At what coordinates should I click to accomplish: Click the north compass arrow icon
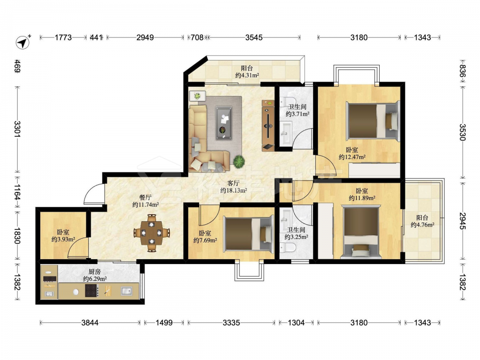[23, 42]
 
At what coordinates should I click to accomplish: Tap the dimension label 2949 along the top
[145, 37]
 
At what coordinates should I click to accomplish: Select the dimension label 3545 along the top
[254, 37]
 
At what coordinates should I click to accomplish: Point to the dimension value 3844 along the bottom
[90, 323]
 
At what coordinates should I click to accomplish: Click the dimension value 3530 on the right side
[462, 132]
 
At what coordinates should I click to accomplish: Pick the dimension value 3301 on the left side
[17, 129]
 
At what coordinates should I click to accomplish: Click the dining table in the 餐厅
[152, 233]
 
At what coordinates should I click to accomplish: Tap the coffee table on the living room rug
[224, 123]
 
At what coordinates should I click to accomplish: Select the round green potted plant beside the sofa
[239, 161]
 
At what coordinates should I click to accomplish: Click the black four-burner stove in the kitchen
[92, 290]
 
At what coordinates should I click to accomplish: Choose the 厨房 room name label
[95, 272]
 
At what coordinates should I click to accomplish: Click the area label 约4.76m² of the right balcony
[422, 225]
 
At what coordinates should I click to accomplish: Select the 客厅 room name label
[233, 183]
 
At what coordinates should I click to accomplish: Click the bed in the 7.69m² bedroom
[248, 234]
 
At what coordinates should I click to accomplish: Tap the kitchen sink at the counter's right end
[126, 290]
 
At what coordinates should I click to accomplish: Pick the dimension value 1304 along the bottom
[296, 323]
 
